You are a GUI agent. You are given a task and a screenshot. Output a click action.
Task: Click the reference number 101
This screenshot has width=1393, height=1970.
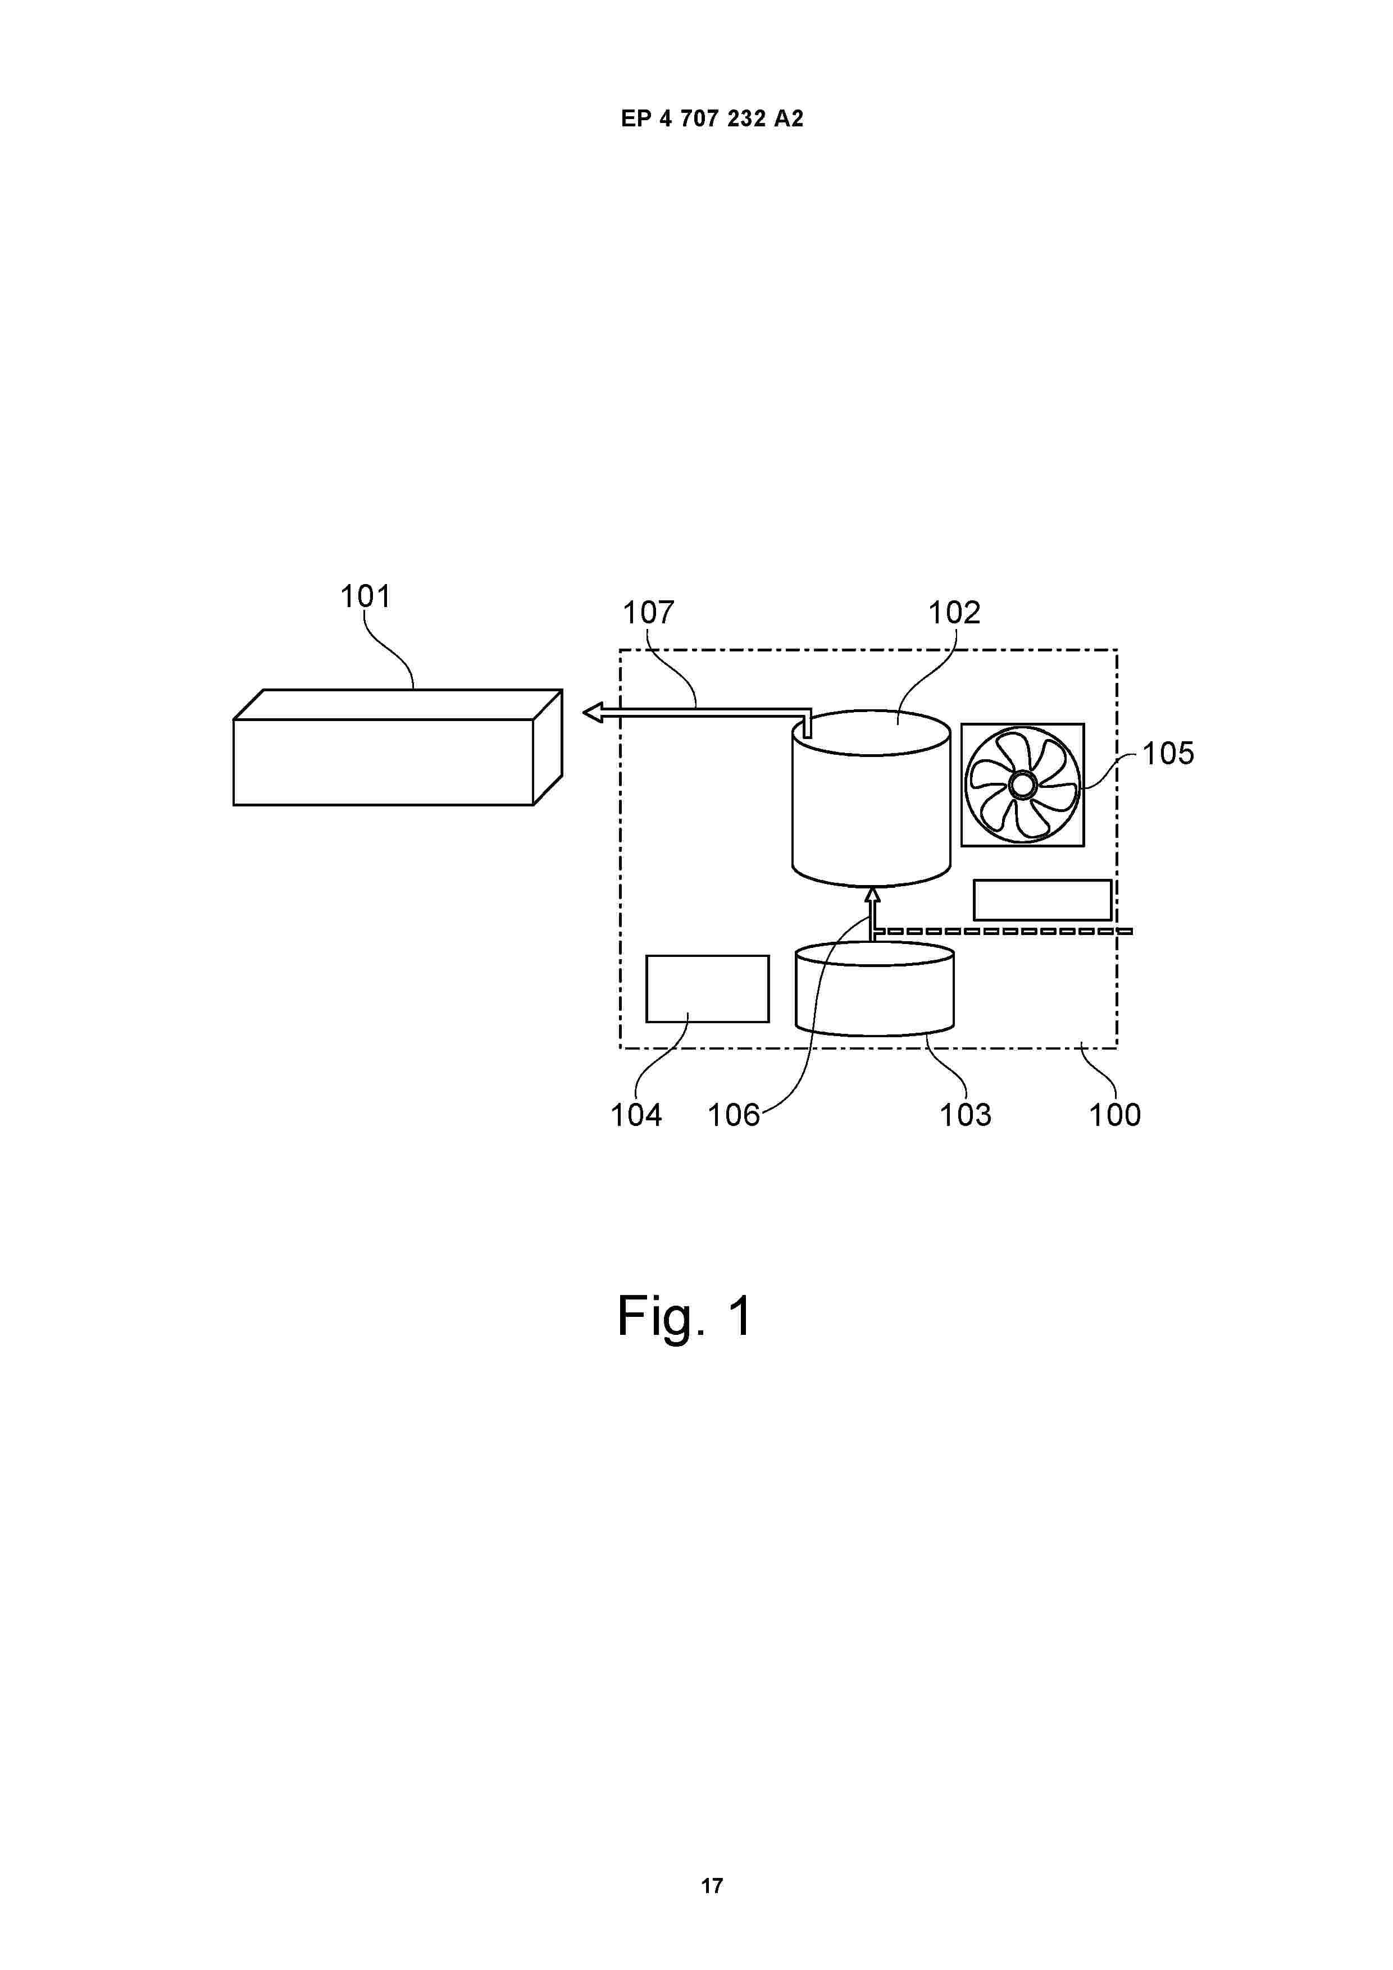click(x=366, y=595)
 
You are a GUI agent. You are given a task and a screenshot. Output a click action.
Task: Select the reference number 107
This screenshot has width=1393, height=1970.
click(x=648, y=613)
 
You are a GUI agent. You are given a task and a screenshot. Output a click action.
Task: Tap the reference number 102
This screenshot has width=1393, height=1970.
click(x=954, y=613)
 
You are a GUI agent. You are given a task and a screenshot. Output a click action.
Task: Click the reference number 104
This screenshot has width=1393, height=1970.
click(x=636, y=1115)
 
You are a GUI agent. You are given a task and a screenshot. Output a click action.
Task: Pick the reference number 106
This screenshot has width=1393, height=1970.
click(x=733, y=1115)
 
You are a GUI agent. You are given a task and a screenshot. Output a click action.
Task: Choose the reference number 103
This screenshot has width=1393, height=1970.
click(x=965, y=1115)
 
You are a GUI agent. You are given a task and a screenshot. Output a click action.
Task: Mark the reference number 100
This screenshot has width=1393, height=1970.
click(x=1114, y=1115)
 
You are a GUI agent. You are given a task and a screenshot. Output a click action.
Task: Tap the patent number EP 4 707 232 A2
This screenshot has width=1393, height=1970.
click(x=712, y=119)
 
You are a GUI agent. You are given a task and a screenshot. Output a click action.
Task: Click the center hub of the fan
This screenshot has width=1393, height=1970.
click(x=1022, y=784)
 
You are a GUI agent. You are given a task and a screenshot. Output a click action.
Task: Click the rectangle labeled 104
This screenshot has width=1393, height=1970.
click(x=707, y=988)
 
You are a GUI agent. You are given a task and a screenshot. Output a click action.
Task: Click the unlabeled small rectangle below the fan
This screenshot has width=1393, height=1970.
click(x=1042, y=900)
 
